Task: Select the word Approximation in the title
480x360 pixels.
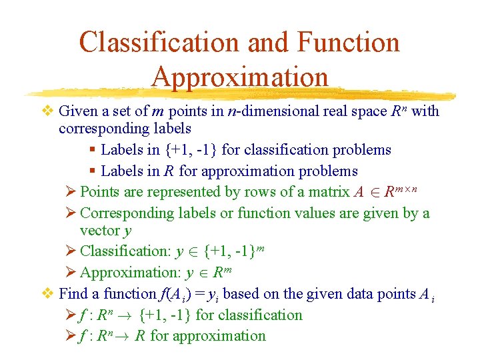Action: click(x=240, y=77)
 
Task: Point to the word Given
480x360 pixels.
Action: click(x=77, y=111)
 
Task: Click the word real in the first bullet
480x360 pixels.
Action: click(x=333, y=111)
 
